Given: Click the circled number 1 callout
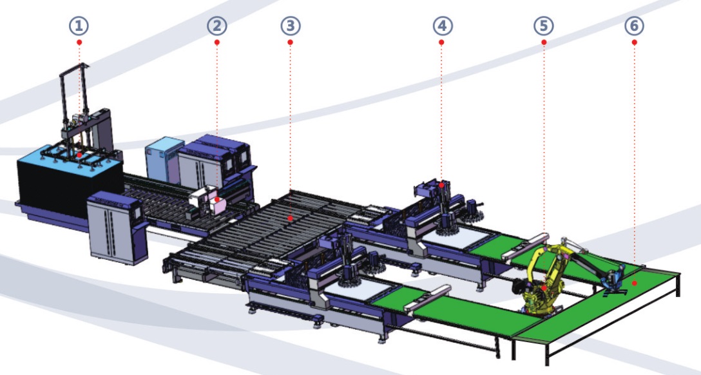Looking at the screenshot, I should [x=79, y=26].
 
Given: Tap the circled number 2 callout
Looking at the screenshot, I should [x=217, y=26].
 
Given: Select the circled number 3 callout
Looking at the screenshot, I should [x=291, y=26].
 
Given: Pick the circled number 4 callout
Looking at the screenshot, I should [x=443, y=26].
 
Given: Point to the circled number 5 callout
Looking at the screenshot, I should [x=544, y=26].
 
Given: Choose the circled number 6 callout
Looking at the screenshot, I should [x=635, y=26].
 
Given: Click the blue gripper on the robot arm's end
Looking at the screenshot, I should [x=612, y=280].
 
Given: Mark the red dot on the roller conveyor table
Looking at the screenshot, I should [x=291, y=219].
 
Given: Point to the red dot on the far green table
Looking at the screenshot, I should [x=635, y=282].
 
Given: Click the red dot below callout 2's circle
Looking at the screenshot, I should [x=217, y=43].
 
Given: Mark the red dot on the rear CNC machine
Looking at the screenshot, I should [x=442, y=184].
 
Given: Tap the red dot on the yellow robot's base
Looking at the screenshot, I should [x=544, y=288].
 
